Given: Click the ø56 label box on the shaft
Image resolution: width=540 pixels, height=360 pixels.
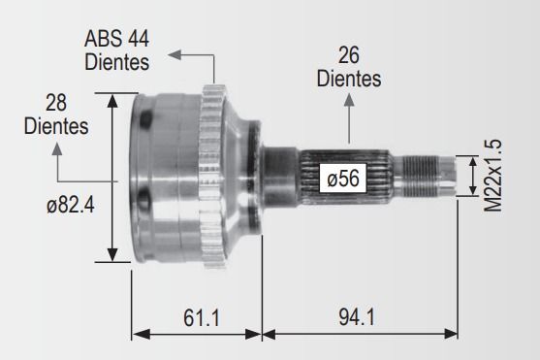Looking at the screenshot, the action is [x=342, y=179].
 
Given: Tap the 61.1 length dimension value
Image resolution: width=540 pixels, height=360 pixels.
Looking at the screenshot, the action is [x=201, y=317].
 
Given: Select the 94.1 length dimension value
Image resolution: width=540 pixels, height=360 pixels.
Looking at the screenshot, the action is [x=357, y=317].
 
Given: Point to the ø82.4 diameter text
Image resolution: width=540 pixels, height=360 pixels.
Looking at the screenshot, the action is [x=71, y=206].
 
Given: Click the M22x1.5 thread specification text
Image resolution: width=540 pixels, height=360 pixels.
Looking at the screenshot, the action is [x=492, y=176].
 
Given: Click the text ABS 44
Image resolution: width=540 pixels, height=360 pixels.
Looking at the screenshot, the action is [x=116, y=39].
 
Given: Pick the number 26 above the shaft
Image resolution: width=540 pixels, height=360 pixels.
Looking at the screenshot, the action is [x=348, y=55].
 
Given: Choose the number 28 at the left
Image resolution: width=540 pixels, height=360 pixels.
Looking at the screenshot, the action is [x=56, y=103].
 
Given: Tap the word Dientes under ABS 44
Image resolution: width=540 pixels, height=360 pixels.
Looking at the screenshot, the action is [x=116, y=62].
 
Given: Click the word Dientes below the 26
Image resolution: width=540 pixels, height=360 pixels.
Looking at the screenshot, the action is [x=349, y=79].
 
